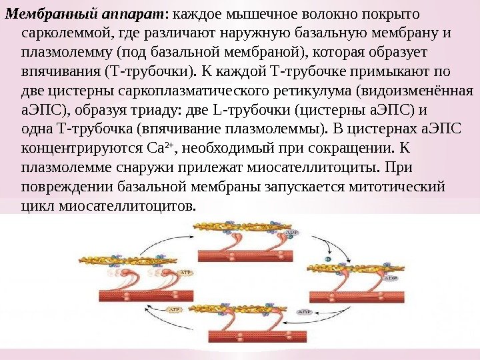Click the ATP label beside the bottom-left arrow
(175, 309)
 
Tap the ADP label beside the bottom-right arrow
(304, 311)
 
